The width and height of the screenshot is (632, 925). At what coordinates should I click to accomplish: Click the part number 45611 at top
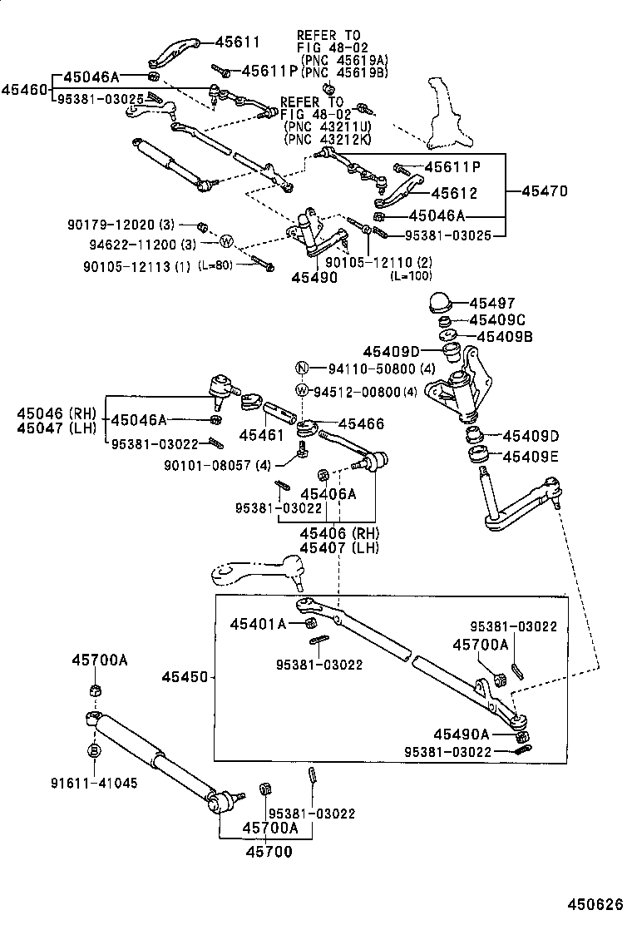pyautogui.click(x=238, y=42)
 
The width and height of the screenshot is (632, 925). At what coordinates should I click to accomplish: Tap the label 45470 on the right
pyautogui.click(x=545, y=191)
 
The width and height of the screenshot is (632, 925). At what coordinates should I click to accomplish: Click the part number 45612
pyautogui.click(x=454, y=193)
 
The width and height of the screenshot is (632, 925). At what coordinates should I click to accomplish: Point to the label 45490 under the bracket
pyautogui.click(x=314, y=278)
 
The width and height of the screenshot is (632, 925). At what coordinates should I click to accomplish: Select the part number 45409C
pyautogui.click(x=496, y=320)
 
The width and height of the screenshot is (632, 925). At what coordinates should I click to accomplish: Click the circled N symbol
pyautogui.click(x=304, y=369)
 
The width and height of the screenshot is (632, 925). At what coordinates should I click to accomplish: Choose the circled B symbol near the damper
pyautogui.click(x=94, y=751)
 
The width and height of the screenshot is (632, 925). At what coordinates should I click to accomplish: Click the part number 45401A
pyautogui.click(x=258, y=623)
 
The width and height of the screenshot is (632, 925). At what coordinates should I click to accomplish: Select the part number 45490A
pyautogui.click(x=462, y=734)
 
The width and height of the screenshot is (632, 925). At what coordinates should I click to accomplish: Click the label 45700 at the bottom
pyautogui.click(x=268, y=853)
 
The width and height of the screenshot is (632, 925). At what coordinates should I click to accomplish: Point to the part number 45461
pyautogui.click(x=256, y=434)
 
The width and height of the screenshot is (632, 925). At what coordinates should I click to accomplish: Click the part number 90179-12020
pyautogui.click(x=111, y=225)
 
